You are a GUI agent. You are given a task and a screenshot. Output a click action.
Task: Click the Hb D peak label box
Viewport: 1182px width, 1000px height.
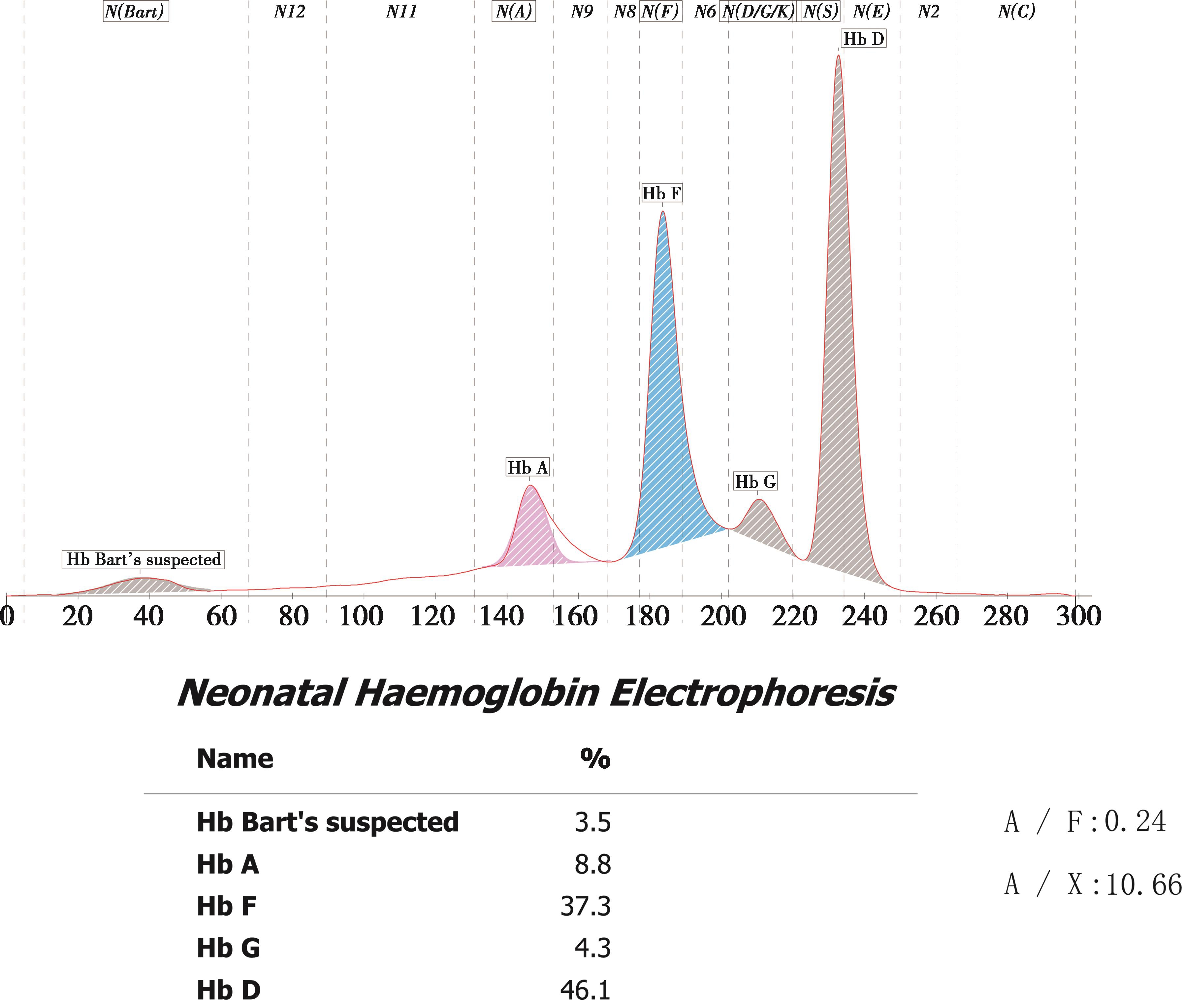(863, 39)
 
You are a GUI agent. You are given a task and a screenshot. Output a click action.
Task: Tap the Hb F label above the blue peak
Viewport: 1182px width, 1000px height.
(661, 193)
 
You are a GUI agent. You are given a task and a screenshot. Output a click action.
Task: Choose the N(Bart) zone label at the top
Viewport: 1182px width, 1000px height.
(136, 11)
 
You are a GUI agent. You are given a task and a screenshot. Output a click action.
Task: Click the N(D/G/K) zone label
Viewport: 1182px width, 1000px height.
(758, 11)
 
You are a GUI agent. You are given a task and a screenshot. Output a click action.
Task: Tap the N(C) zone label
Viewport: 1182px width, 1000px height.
(1016, 11)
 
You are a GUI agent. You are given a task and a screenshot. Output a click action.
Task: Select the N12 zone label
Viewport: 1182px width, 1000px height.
(289, 11)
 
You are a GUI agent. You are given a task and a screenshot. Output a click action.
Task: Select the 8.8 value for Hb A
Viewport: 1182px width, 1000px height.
(593, 864)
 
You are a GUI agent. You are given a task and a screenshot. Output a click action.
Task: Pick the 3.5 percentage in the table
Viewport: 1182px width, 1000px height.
(593, 822)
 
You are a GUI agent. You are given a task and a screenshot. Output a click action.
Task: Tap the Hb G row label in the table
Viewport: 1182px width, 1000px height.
(228, 948)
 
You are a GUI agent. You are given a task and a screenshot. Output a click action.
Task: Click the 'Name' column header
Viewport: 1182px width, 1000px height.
(235, 758)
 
